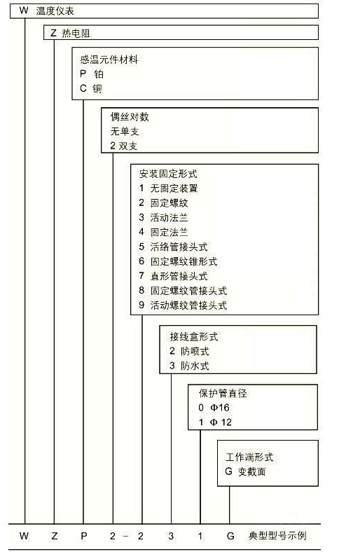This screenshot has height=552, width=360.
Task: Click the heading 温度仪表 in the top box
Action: click(x=55, y=11)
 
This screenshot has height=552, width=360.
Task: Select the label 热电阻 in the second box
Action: click(x=76, y=33)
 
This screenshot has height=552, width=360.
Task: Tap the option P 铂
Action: click(x=92, y=74)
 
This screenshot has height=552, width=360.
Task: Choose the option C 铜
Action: click(x=91, y=88)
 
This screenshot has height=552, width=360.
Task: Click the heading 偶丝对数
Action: click(x=130, y=117)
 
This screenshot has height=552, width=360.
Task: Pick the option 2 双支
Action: click(x=123, y=146)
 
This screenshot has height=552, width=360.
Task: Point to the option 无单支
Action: click(x=125, y=131)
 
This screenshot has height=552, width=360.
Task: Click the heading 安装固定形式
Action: click(x=168, y=174)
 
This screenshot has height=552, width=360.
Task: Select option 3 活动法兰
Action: click(x=163, y=218)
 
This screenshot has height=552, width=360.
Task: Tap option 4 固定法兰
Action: click(x=163, y=232)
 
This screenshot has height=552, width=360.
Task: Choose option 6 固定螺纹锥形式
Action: click(x=178, y=261)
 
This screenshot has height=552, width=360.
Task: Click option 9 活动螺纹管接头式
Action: click(x=183, y=305)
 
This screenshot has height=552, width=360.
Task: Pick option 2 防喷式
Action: click(x=189, y=351)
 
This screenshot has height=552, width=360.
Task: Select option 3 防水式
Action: click(x=189, y=366)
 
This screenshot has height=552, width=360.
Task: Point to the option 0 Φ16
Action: click(x=214, y=408)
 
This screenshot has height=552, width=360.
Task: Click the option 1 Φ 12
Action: click(x=215, y=422)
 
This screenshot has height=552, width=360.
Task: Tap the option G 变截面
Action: click(x=245, y=471)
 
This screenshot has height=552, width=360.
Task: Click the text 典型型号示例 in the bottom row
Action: click(x=277, y=536)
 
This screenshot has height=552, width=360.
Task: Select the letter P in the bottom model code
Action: click(x=84, y=536)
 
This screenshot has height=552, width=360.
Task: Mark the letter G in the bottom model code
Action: click(x=230, y=536)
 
